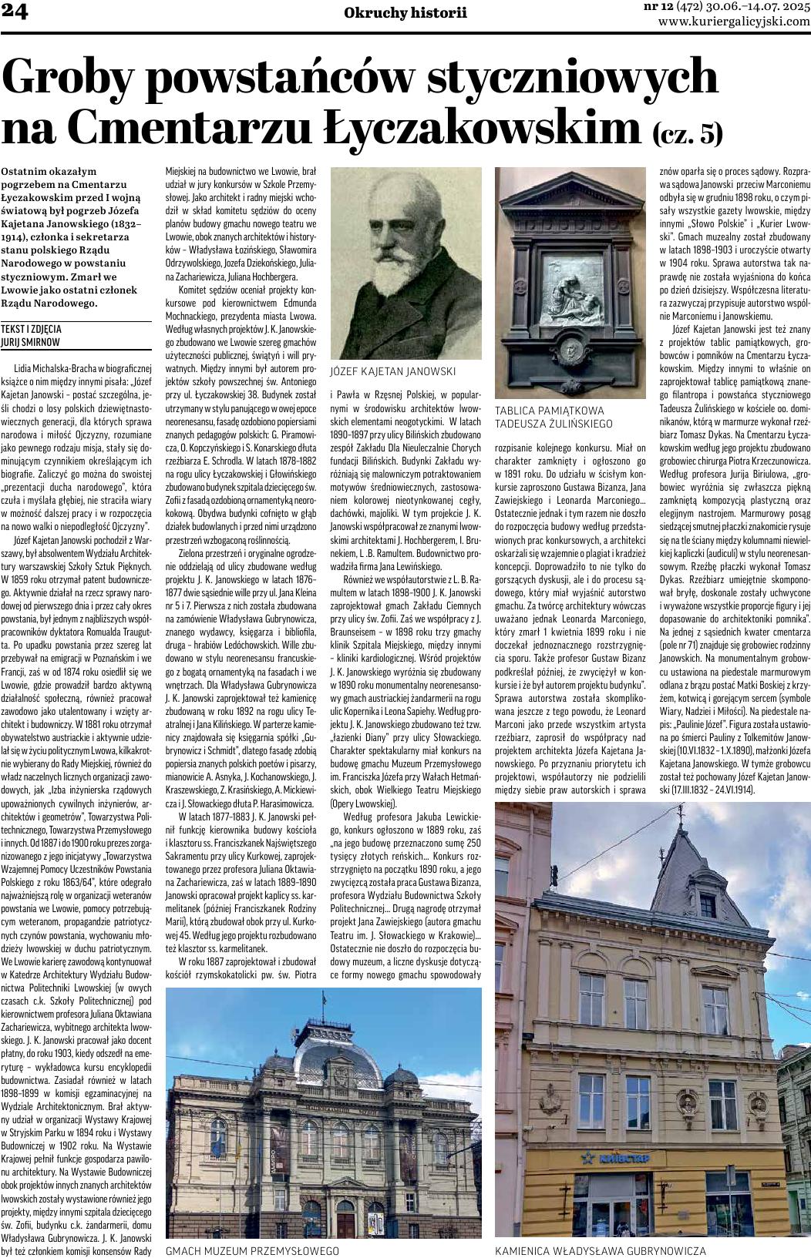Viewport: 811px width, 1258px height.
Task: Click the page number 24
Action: click(15, 11)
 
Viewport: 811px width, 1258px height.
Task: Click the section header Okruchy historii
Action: click(405, 12)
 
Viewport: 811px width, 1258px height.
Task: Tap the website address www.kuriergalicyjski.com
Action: click(734, 22)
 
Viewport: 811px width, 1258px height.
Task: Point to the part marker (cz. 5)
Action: click(688, 134)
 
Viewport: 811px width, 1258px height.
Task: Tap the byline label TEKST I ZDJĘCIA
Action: click(32, 328)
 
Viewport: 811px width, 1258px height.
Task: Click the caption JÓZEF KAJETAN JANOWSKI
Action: click(392, 371)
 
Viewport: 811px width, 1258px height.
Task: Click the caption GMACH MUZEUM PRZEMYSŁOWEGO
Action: click(253, 1250)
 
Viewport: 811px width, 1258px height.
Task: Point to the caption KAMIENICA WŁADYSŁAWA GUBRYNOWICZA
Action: click(601, 1250)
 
